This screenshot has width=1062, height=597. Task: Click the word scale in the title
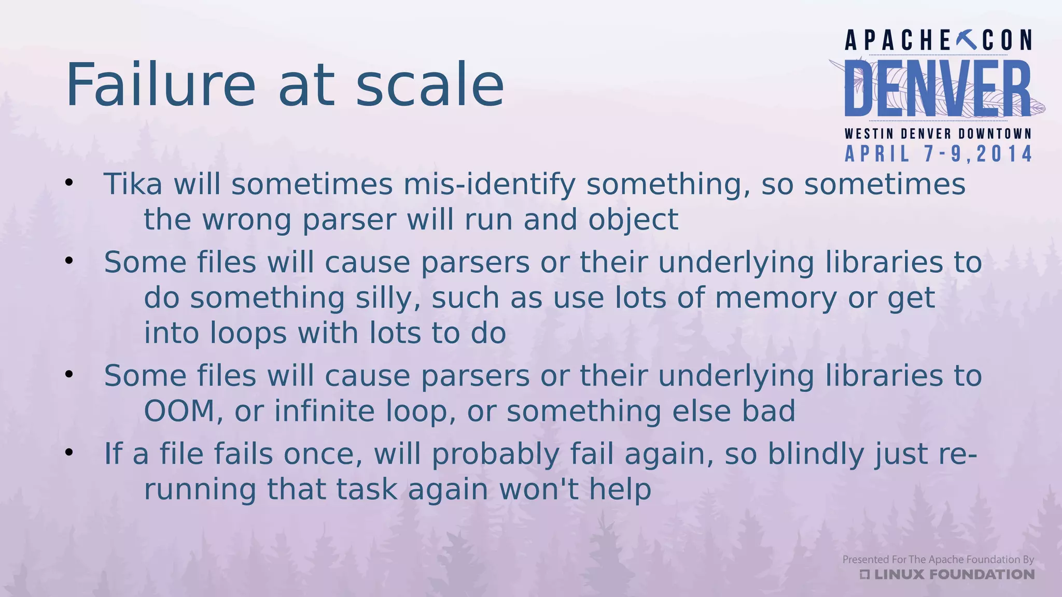tap(429, 84)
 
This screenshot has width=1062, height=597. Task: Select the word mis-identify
tap(489, 185)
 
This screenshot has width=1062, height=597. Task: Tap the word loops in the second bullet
tap(248, 333)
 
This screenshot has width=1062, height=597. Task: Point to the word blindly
tap(815, 454)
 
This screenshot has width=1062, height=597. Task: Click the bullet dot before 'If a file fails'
tap(69, 452)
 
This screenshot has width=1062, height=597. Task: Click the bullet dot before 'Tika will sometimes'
tap(69, 182)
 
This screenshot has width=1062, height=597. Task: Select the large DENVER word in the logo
tap(938, 89)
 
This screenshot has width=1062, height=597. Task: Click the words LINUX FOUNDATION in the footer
tap(954, 574)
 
